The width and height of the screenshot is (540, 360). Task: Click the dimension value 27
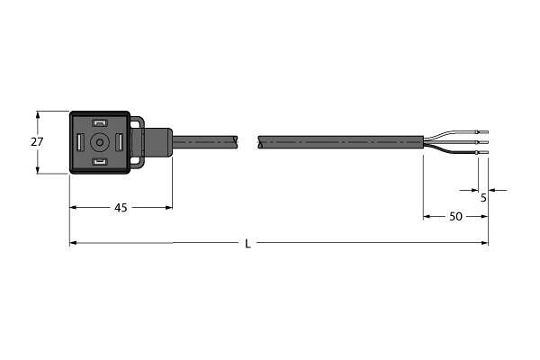click(x=37, y=142)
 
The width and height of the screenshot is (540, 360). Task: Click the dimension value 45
click(x=121, y=207)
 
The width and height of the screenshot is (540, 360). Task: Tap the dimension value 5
click(x=483, y=197)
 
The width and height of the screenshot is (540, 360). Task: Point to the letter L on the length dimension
click(x=248, y=243)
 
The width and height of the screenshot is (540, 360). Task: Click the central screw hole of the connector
click(x=99, y=142)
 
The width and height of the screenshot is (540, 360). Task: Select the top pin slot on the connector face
click(x=100, y=123)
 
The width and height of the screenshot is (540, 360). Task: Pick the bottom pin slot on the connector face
click(x=100, y=162)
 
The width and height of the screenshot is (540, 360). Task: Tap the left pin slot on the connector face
click(x=80, y=142)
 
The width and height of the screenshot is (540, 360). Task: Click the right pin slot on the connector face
click(x=120, y=142)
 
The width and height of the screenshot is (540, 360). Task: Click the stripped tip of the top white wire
click(x=482, y=131)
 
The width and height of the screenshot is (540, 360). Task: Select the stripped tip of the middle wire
click(x=482, y=142)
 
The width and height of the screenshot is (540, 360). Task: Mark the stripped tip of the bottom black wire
click(x=482, y=154)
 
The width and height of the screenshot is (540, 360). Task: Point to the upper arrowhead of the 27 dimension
click(x=38, y=114)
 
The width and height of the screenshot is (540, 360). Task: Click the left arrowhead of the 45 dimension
click(x=73, y=207)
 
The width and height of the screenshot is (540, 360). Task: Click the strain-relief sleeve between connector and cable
click(x=157, y=141)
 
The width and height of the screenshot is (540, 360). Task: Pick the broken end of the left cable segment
click(x=237, y=141)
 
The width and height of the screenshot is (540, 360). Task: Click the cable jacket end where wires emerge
click(x=421, y=142)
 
